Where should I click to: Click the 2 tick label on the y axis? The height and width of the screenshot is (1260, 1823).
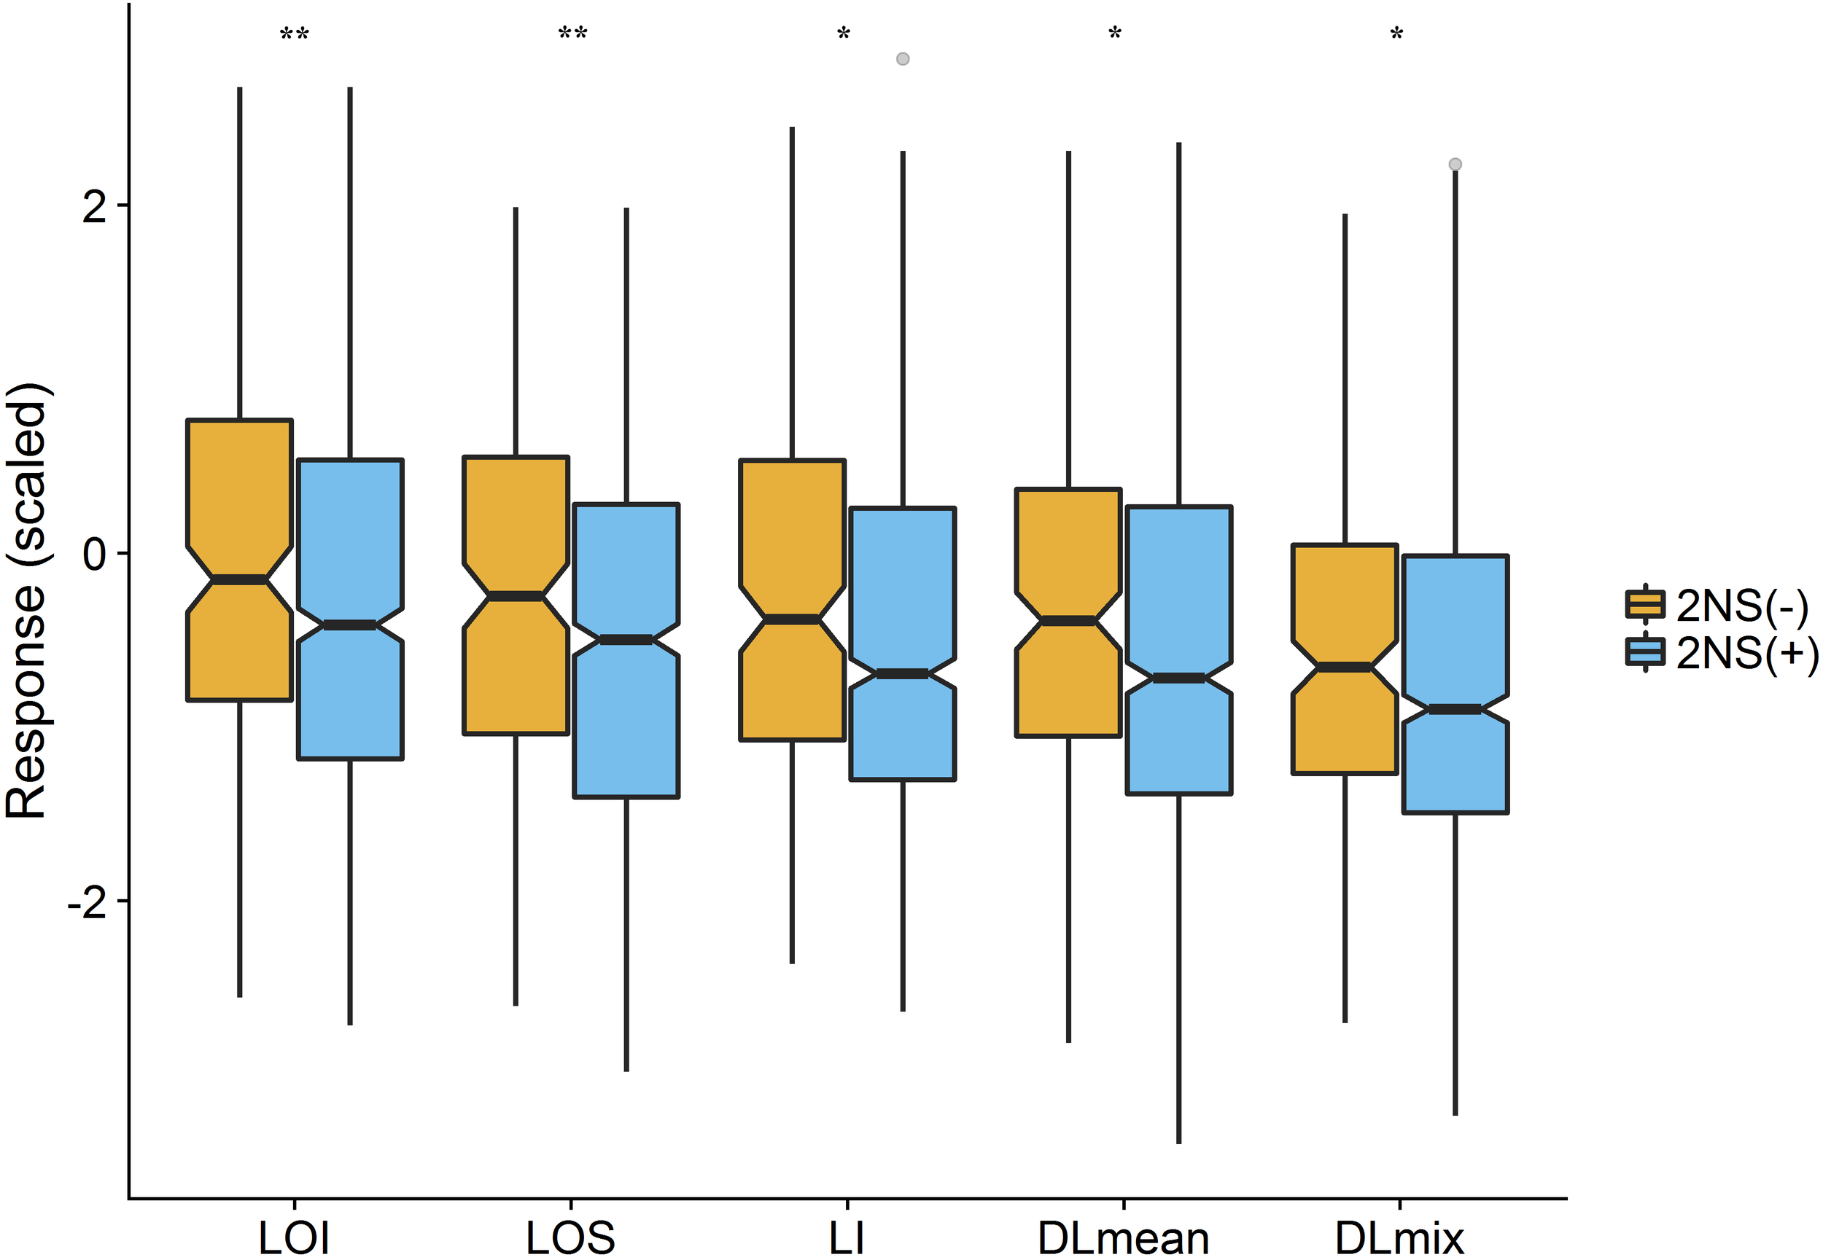[x=95, y=207]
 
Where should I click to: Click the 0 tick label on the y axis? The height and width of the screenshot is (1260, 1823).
[x=95, y=554]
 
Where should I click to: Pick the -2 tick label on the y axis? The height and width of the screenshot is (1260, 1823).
[x=87, y=901]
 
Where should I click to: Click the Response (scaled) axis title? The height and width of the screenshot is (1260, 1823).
[x=27, y=600]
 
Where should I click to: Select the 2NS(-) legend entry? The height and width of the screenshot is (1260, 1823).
[x=1722, y=606]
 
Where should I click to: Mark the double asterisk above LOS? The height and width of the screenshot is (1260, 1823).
[x=572, y=35]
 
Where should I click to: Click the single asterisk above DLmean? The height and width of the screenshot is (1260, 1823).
[x=1114, y=35]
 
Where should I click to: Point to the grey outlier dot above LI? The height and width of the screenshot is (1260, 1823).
[x=903, y=58]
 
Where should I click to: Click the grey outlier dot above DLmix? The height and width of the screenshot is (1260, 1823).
[x=1455, y=164]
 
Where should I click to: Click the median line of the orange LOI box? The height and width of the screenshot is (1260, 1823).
[x=239, y=580]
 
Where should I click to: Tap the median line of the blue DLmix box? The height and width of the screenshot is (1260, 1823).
[x=1455, y=709]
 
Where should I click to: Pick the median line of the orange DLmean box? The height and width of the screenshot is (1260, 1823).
[x=1068, y=622]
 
